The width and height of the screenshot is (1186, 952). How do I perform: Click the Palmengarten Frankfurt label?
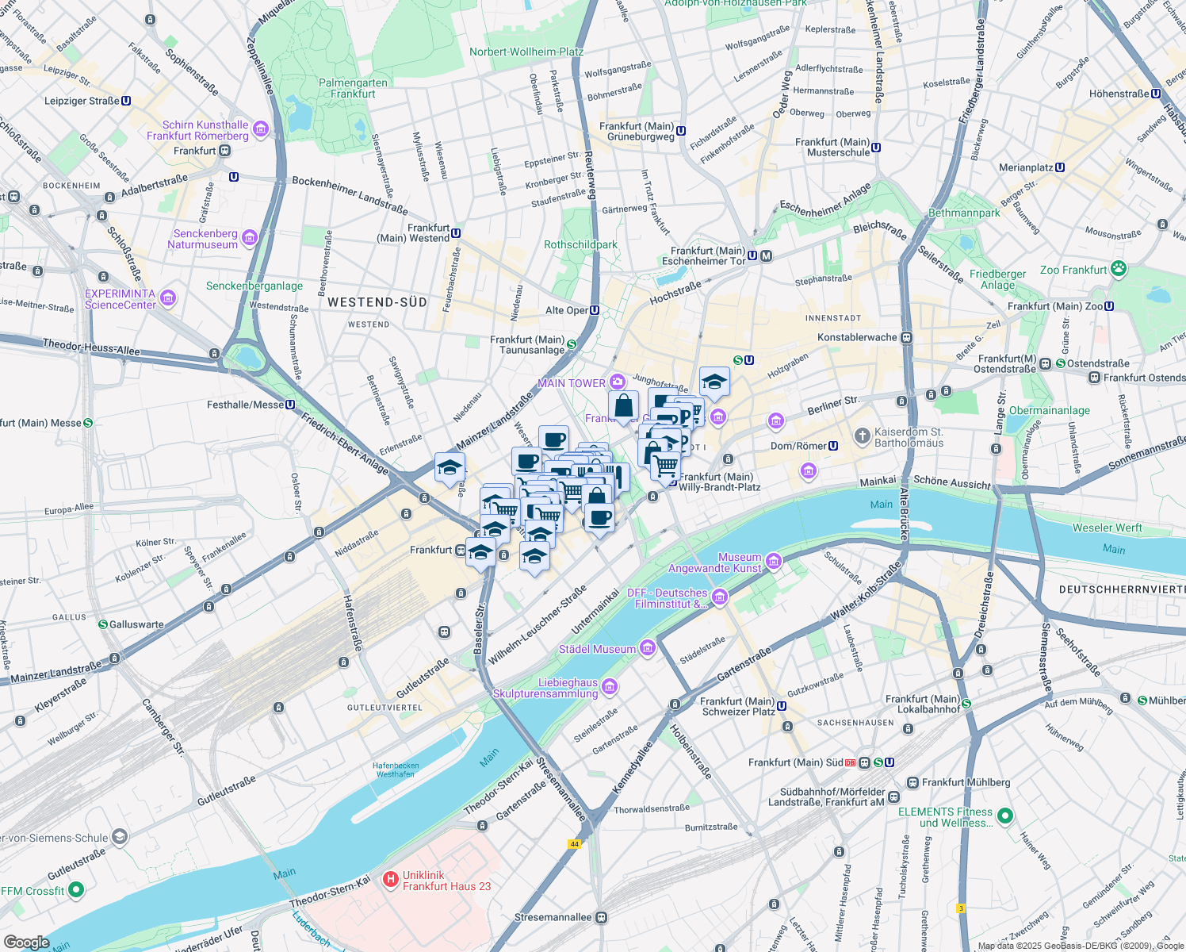click(x=353, y=88)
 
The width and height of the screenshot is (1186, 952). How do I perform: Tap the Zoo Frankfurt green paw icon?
click(x=1118, y=269)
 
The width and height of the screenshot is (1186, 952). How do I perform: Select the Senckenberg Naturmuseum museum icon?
click(x=250, y=238)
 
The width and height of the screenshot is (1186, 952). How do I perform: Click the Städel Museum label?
click(x=597, y=649)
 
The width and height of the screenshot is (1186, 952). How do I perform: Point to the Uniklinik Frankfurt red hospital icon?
click(x=390, y=879)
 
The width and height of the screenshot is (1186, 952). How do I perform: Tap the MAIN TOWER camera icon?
click(x=618, y=382)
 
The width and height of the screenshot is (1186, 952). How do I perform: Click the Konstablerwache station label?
click(x=857, y=337)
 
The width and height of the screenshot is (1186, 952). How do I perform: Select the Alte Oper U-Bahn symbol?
click(x=595, y=310)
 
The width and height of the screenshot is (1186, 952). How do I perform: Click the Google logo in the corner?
click(x=27, y=942)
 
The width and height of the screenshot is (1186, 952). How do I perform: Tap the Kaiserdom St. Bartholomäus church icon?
click(x=862, y=436)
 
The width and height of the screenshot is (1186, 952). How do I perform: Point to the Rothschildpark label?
click(x=580, y=244)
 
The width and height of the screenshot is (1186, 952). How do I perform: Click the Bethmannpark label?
click(x=964, y=213)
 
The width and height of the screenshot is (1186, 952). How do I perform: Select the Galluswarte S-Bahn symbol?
click(x=102, y=624)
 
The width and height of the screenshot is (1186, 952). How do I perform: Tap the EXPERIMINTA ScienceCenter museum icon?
click(x=167, y=298)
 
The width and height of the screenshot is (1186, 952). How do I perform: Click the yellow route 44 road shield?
click(x=574, y=844)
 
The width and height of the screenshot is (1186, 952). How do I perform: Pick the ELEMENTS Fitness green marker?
click(x=1004, y=816)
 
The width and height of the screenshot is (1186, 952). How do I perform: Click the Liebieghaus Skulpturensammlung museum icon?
click(x=610, y=687)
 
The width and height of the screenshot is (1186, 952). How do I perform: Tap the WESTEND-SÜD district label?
click(x=377, y=302)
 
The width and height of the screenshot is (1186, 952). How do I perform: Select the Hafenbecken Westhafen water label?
click(x=396, y=770)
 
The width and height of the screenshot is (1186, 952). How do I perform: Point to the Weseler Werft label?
click(x=1107, y=528)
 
